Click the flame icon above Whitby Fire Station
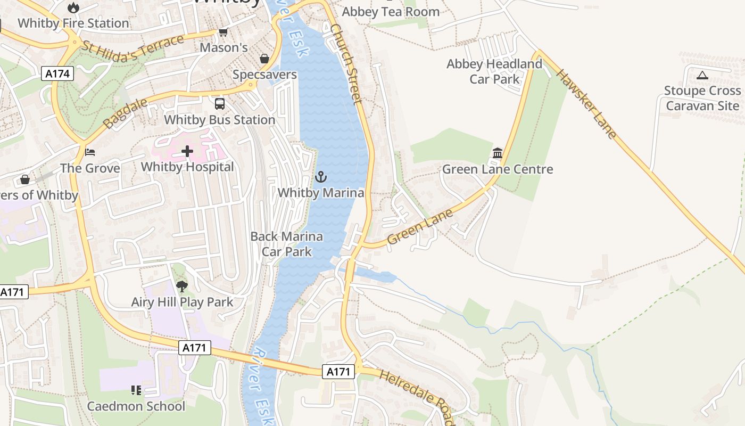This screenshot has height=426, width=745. point(73,7)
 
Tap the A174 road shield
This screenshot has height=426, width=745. point(57,73)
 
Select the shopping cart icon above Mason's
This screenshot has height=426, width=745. point(223,32)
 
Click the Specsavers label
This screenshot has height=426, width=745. point(264,75)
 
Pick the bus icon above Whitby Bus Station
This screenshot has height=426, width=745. point(220,104)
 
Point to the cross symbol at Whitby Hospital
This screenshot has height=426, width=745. point(187,152)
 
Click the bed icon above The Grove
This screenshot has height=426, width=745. point(90,153)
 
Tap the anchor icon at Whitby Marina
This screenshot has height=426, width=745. point(321,177)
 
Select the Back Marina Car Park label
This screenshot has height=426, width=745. point(286,244)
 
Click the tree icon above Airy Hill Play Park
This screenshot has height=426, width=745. point(182,286)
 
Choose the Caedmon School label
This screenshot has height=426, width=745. point(136,406)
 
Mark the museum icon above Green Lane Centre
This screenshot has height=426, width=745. point(498,153)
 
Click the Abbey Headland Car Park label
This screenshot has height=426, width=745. point(494,71)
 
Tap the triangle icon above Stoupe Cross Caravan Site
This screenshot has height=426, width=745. point(702,75)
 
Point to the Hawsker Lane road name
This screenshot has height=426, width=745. point(587,103)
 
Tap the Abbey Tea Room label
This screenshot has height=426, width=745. point(391,12)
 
